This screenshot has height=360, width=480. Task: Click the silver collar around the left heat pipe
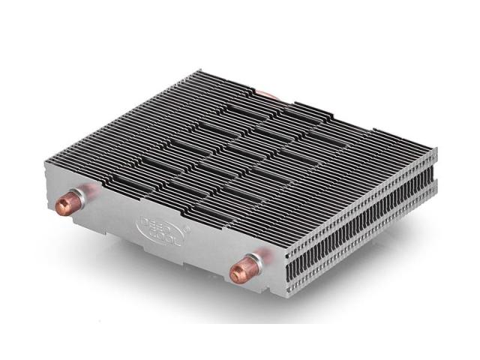tap(76, 201)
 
